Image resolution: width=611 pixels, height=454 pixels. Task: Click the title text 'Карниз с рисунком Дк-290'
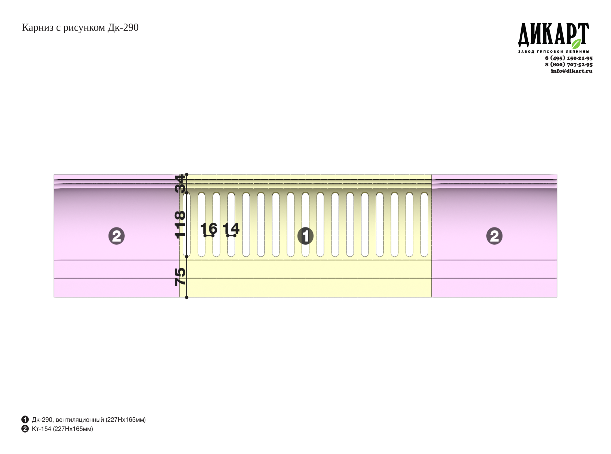[80, 28]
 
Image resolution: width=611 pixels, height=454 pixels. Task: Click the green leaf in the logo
[576, 44]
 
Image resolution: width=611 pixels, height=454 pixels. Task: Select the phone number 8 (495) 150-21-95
[569, 58]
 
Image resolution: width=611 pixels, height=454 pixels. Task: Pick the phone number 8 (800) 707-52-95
[569, 64]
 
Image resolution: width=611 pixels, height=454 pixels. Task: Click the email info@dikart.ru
[572, 71]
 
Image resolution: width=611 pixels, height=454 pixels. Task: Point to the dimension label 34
[180, 183]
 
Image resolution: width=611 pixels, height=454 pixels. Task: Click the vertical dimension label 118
[180, 224]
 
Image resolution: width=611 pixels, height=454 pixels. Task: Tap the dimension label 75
[180, 277]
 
